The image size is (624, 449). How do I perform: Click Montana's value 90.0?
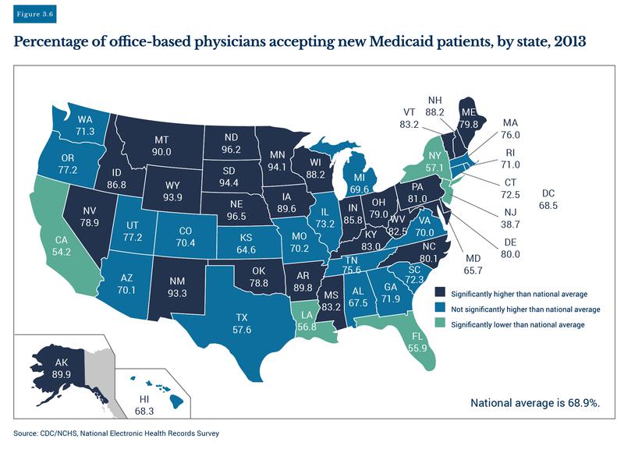162,152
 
